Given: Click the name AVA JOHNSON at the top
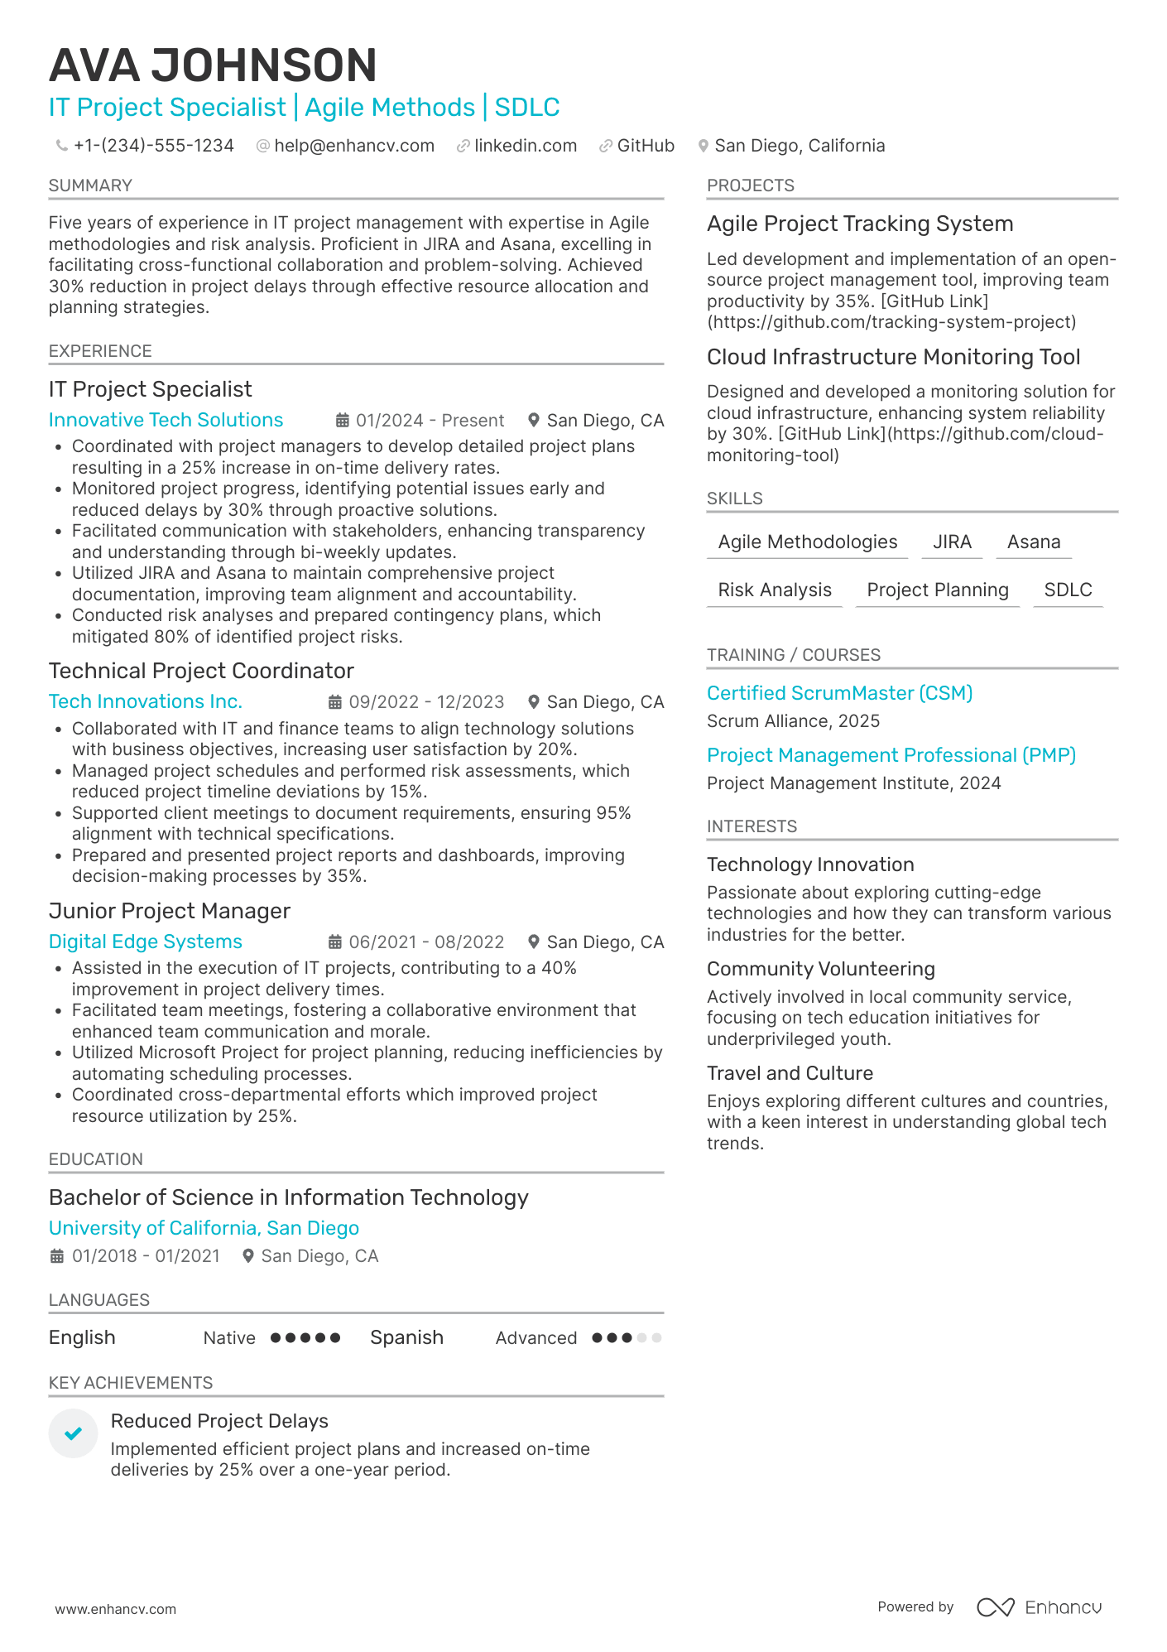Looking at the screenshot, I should point(213,65).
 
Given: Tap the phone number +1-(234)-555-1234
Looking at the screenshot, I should point(153,146).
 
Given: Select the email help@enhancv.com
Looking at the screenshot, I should point(353,146).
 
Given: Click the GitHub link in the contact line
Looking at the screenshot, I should point(645,146).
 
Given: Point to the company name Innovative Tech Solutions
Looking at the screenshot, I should point(166,420).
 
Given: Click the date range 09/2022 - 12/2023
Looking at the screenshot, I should point(425,702).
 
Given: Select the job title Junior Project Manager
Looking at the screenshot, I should point(170,911).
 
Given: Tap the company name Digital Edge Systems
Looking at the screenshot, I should point(145,942).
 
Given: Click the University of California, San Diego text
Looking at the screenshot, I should point(204,1228).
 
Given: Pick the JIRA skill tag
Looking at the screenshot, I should point(952,542).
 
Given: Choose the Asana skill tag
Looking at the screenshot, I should point(1033,542).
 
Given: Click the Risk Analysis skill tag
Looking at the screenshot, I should point(774,590).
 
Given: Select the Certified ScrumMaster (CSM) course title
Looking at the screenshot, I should point(839,693).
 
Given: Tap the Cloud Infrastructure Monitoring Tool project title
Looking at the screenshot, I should point(893,357).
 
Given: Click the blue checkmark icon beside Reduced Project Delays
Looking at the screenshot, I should point(73,1433).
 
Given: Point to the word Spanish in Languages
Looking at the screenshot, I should point(406,1337).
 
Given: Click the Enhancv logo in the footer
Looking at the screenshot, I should point(1039,1607).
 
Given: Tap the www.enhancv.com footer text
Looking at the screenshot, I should point(115,1609).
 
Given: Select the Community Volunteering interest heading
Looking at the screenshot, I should point(820,969).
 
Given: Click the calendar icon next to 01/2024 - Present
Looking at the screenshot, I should point(342,421).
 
